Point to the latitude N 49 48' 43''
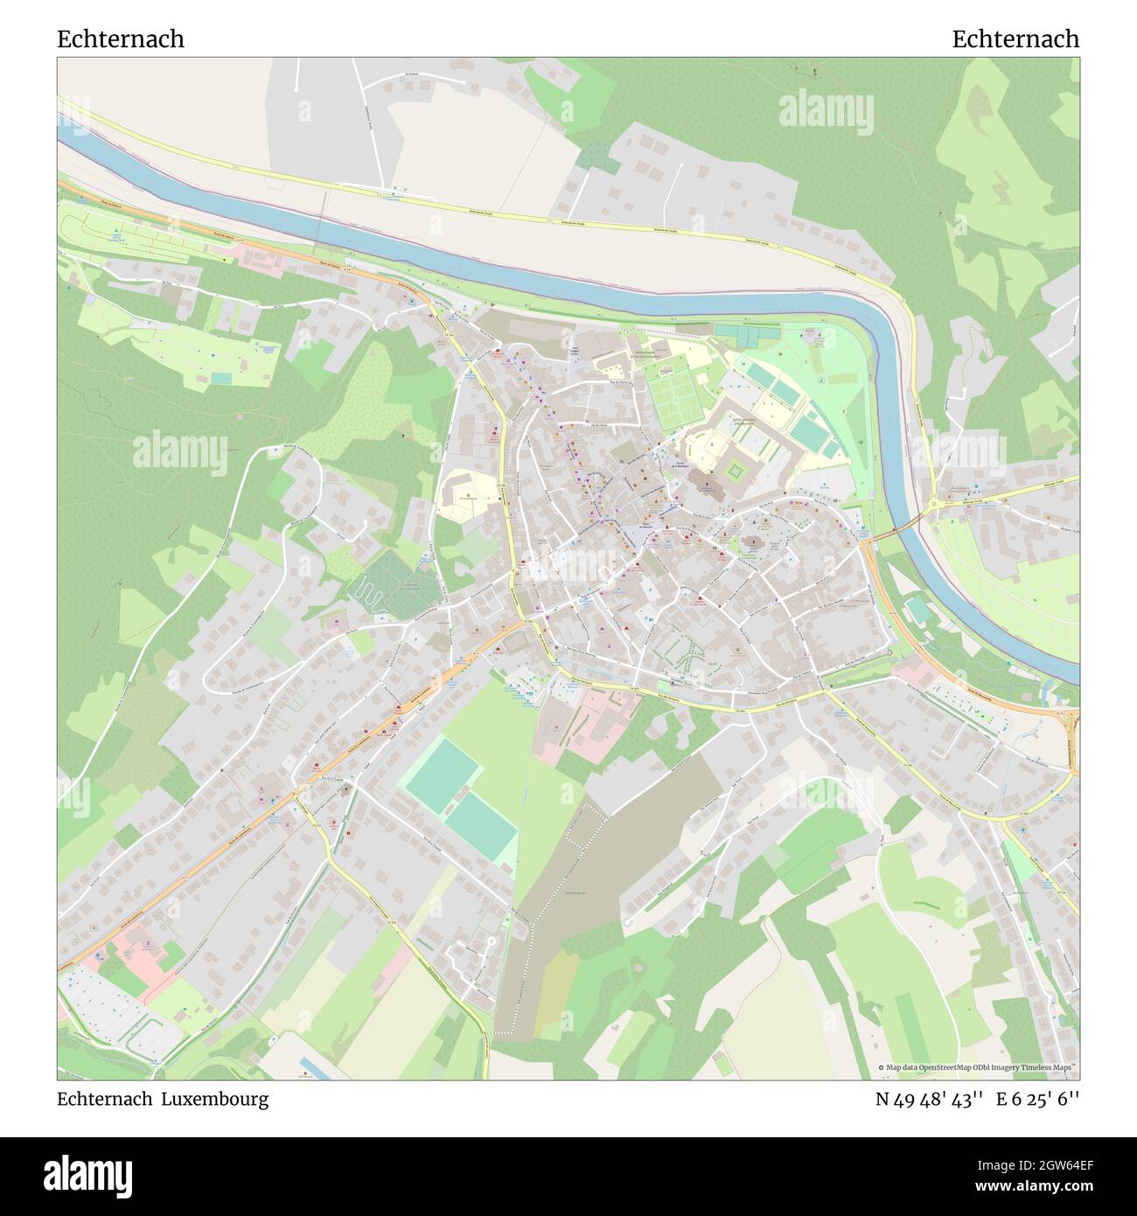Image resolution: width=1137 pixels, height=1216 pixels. (x=931, y=1100)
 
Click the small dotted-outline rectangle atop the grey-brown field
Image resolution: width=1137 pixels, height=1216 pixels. (x=587, y=825)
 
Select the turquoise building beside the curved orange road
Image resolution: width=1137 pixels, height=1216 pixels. (x=916, y=609)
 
